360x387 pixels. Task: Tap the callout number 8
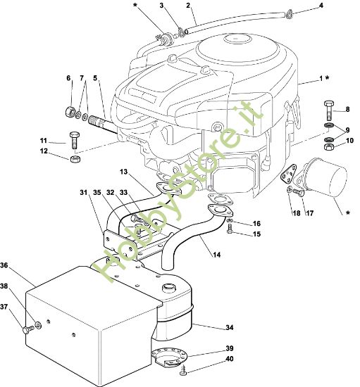tap(346, 109)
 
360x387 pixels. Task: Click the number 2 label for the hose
tap(189, 6)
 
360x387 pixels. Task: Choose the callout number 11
tap(44, 141)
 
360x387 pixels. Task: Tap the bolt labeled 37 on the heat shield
tap(28, 329)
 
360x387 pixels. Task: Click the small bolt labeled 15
tap(231, 231)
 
